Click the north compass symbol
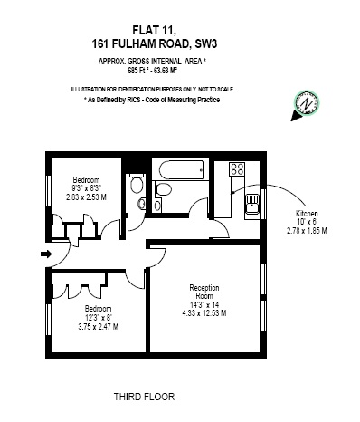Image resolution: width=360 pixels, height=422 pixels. (x=306, y=105)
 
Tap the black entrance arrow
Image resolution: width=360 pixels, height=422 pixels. (x=46, y=254)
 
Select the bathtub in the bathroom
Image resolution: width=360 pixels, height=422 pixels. (x=182, y=169)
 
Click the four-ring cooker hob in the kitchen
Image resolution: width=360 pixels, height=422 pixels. (x=237, y=169)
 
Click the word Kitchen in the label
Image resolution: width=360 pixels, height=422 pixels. (x=307, y=214)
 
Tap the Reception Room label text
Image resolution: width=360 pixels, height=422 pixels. (x=204, y=292)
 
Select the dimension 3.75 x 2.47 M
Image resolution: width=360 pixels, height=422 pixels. (x=98, y=326)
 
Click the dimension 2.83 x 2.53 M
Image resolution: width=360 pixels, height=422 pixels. (x=86, y=197)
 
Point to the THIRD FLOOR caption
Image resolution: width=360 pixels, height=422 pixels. (x=144, y=397)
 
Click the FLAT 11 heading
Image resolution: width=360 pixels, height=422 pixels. (x=154, y=30)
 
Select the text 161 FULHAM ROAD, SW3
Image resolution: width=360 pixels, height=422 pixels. (x=155, y=44)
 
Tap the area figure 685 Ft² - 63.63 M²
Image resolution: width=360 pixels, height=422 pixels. (x=152, y=71)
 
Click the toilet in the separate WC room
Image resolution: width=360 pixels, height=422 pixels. (x=137, y=183)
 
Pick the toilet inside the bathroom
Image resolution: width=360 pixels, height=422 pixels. (x=162, y=189)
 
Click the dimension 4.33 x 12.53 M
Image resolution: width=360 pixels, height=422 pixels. (x=204, y=313)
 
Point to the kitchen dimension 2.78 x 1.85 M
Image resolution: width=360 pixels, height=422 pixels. (x=307, y=231)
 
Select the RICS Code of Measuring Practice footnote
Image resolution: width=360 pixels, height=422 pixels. (x=152, y=100)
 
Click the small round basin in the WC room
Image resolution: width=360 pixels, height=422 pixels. (x=141, y=204)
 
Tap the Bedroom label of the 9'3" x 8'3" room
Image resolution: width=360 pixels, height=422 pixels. (x=86, y=180)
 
